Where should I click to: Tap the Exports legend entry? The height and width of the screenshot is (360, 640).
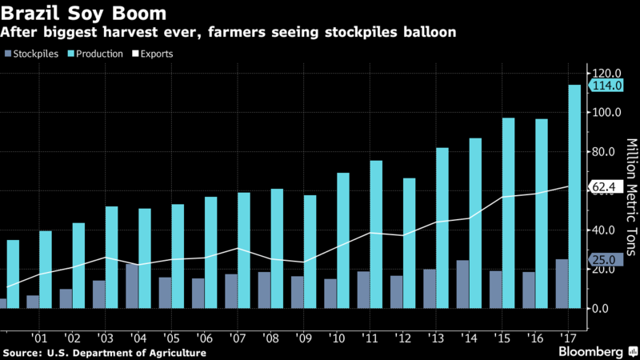point(149,54)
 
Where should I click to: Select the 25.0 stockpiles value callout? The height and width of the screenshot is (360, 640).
point(602,259)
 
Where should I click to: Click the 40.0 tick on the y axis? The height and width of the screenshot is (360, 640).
point(606,230)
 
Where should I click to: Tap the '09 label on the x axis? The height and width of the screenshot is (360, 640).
point(303,338)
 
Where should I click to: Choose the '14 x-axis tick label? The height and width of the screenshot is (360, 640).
point(469,338)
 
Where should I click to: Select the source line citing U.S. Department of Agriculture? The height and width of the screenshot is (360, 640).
point(104,353)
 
